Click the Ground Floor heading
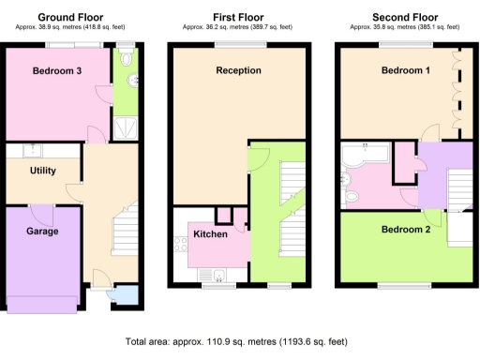point(70,17)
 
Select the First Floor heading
point(238,17)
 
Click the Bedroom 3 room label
point(56,71)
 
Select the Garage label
point(41,231)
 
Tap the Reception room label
point(238,70)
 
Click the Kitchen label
point(210,233)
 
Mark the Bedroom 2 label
point(406,229)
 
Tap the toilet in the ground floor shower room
point(127,80)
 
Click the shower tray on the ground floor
point(126,127)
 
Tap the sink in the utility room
point(32,150)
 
